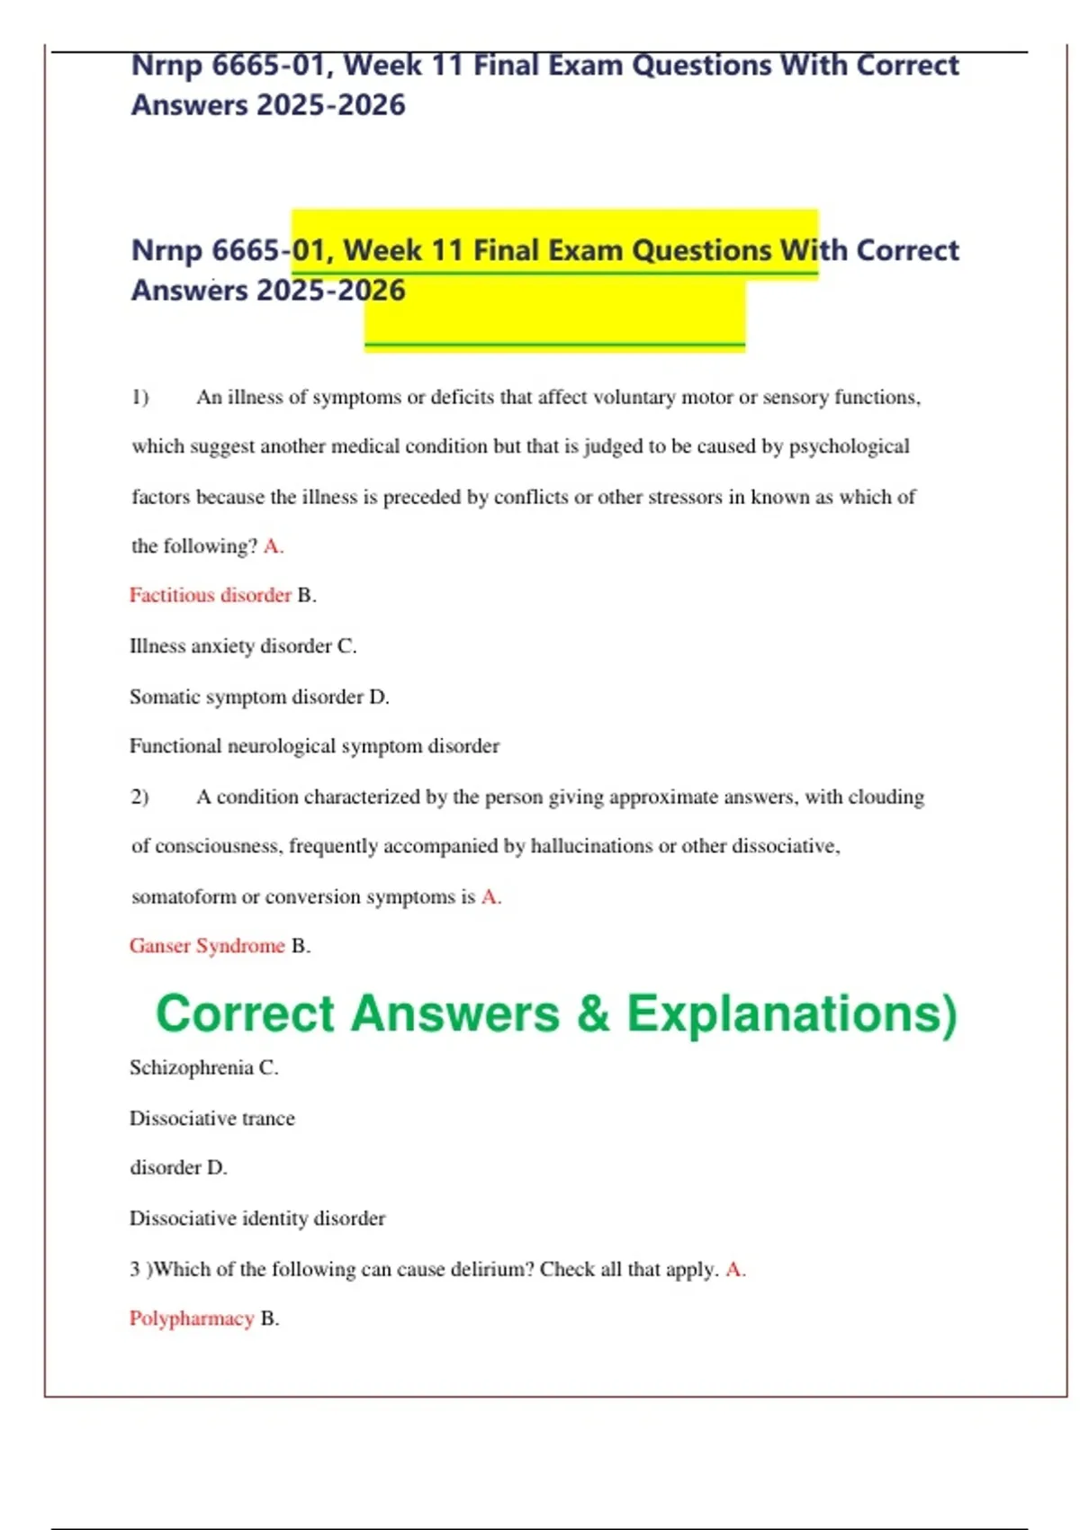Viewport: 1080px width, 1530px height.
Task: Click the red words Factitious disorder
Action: click(210, 595)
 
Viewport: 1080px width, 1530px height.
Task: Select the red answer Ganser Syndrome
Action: click(207, 946)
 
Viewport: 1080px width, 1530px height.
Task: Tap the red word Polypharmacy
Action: click(192, 1318)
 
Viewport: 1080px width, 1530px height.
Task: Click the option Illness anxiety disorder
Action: click(230, 646)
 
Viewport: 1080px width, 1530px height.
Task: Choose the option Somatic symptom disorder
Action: click(246, 697)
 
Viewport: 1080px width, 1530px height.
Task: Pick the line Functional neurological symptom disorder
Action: click(314, 746)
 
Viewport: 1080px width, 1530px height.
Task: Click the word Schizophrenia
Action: click(191, 1067)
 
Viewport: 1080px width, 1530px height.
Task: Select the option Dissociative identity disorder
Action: click(257, 1219)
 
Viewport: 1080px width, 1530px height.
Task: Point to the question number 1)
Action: click(140, 397)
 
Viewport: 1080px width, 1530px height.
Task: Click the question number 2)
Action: click(140, 796)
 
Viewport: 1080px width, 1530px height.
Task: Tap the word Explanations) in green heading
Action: click(792, 1014)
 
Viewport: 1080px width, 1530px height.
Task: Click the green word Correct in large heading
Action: click(245, 1014)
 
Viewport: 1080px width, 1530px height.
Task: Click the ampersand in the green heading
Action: click(593, 1014)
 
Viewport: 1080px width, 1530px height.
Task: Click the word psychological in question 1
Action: click(849, 446)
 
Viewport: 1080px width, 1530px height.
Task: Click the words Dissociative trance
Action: click(212, 1119)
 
